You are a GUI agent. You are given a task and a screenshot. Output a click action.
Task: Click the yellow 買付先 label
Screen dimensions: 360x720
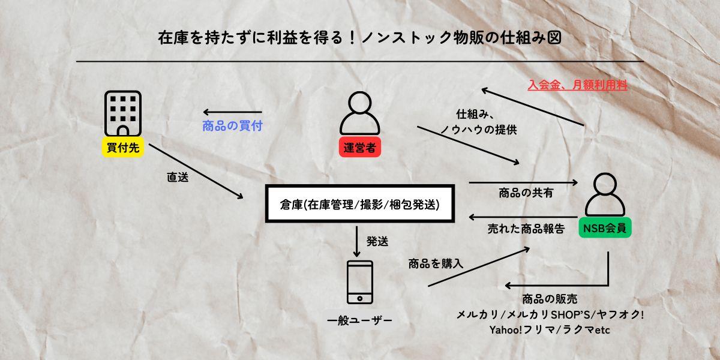click(124, 148)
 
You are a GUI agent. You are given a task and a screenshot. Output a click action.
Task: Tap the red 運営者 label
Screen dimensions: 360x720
click(360, 148)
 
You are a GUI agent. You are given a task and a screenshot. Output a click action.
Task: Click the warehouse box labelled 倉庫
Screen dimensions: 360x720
click(359, 205)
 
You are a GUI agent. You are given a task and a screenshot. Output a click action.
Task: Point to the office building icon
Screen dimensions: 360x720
click(124, 114)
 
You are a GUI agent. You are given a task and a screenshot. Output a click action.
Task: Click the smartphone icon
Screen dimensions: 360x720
click(360, 282)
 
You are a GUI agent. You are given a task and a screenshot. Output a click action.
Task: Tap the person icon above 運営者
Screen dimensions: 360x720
click(360, 114)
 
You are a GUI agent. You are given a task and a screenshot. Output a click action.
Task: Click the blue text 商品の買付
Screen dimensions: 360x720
click(233, 127)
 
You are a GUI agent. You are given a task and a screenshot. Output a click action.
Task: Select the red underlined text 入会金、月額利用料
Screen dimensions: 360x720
click(577, 86)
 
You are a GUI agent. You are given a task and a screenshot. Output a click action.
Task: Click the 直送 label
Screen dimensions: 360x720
click(178, 178)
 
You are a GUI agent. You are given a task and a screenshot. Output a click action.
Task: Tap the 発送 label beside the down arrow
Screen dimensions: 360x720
click(377, 242)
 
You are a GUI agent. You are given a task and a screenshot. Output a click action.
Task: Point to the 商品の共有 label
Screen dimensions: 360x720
click(526, 193)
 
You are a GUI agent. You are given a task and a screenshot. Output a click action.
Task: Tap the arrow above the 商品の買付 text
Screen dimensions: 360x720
click(233, 112)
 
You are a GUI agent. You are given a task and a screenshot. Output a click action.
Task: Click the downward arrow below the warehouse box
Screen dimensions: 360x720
click(358, 240)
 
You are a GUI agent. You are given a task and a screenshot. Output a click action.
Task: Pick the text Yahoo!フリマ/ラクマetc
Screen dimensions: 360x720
click(550, 330)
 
